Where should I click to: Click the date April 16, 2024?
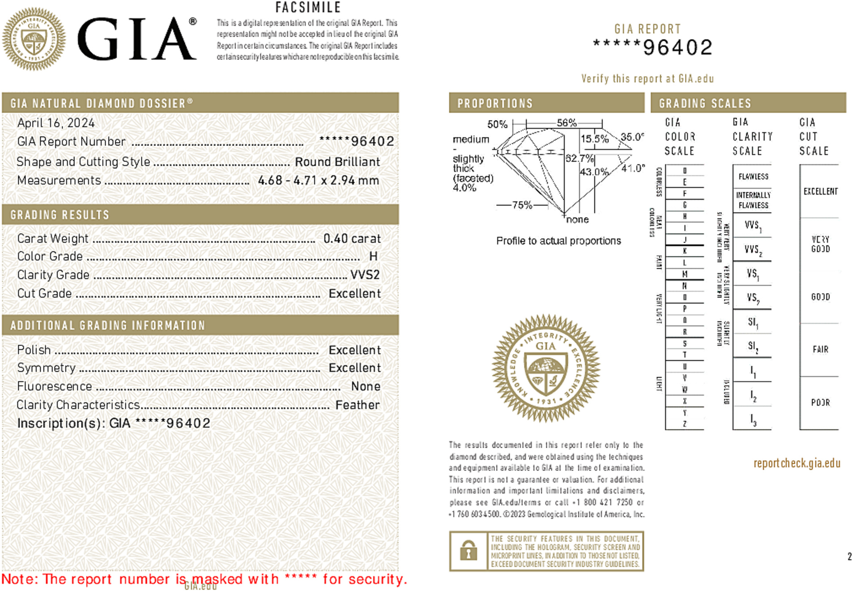pyautogui.click(x=56, y=123)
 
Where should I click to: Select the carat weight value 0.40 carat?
pyautogui.click(x=352, y=239)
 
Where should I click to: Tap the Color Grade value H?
pyautogui.click(x=373, y=256)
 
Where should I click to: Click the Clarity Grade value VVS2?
pyautogui.click(x=365, y=275)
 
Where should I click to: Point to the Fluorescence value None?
pyautogui.click(x=366, y=386)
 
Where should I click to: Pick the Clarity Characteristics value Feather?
pyautogui.click(x=357, y=405)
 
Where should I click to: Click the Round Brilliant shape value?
pyautogui.click(x=337, y=162)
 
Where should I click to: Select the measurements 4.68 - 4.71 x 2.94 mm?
pyautogui.click(x=318, y=180)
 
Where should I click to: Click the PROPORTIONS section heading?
pyautogui.click(x=495, y=103)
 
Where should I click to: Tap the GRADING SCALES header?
pyautogui.click(x=705, y=103)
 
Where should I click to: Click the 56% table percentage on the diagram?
pyautogui.click(x=566, y=123)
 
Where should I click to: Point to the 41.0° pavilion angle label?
pyautogui.click(x=633, y=168)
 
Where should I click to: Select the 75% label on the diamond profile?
pyautogui.click(x=522, y=205)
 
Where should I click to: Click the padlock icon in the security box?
pyautogui.click(x=468, y=551)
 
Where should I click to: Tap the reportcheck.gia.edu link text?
pyautogui.click(x=797, y=463)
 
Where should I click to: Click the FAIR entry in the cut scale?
pyautogui.click(x=820, y=349)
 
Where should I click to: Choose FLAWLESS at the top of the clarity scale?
pyautogui.click(x=753, y=176)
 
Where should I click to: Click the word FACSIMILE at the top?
pyautogui.click(x=308, y=8)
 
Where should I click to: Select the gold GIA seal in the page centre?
pyautogui.click(x=546, y=368)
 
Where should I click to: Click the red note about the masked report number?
pyautogui.click(x=204, y=579)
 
